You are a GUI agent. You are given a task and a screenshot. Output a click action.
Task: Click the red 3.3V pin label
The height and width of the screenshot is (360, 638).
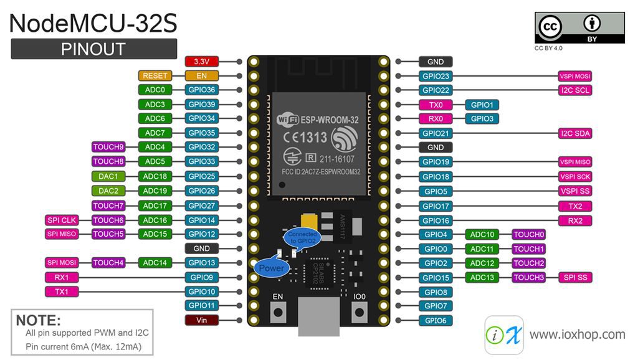201,62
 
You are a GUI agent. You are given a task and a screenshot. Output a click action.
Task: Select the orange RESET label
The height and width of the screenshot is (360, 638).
155,76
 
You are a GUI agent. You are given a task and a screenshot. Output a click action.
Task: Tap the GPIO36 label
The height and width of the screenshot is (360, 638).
201,90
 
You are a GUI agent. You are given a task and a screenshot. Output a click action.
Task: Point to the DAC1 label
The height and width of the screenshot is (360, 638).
108,177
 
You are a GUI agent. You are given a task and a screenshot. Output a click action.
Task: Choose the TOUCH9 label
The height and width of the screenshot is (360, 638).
108,148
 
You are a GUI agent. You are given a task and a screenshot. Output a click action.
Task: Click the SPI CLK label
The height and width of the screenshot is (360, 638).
62,220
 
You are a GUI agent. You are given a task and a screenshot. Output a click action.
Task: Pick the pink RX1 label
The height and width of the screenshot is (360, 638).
62,277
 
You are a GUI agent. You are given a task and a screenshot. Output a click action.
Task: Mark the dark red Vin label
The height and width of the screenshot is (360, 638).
201,320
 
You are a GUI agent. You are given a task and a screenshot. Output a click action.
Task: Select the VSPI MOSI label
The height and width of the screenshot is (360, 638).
574,77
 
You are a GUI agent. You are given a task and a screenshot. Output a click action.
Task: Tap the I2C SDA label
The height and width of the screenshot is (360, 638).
574,133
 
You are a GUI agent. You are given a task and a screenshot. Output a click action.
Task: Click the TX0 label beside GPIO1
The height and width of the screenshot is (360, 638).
436,105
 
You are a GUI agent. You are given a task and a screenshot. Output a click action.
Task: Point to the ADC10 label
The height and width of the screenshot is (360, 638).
482,235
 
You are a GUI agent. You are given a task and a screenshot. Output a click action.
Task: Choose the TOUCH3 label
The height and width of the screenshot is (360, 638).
528,278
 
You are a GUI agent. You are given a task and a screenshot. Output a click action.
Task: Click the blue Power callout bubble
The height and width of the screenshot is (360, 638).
271,268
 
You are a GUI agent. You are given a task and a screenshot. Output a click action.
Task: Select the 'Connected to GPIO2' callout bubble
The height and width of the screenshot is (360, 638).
299,237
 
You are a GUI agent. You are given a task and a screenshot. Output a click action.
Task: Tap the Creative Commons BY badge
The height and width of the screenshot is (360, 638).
579,28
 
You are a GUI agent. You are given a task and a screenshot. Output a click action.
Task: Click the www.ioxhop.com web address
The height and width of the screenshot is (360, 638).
576,335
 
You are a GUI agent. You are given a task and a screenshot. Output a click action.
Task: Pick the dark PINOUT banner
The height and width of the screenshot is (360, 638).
93,49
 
